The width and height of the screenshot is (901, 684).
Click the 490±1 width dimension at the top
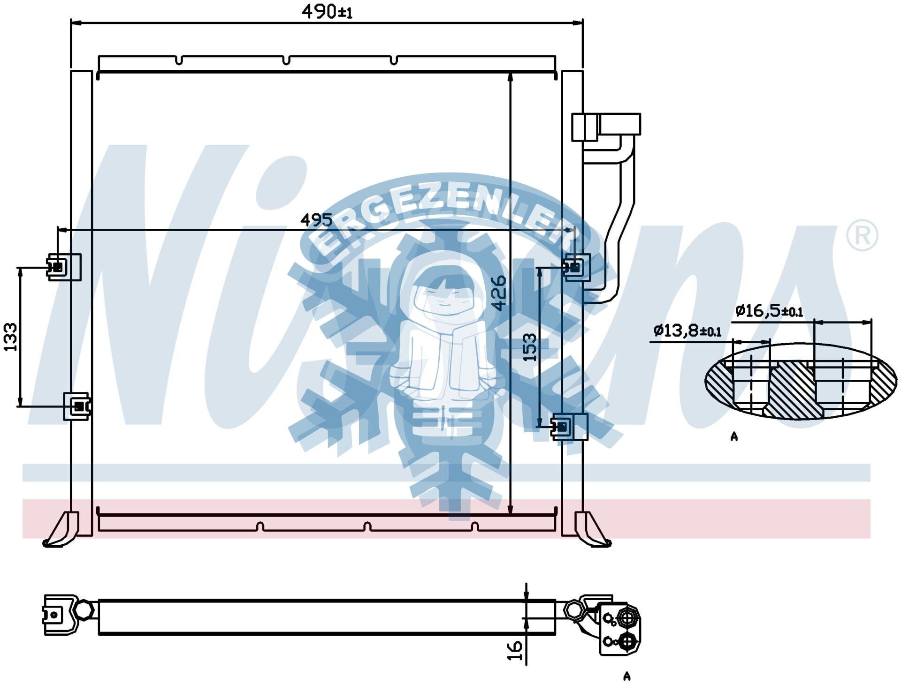click(x=327, y=11)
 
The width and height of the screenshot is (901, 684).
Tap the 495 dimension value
click(x=316, y=220)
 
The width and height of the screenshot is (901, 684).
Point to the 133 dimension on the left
click(x=10, y=337)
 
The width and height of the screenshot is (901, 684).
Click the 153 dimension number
click(x=529, y=347)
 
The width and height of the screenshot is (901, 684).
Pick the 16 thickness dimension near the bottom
click(x=515, y=651)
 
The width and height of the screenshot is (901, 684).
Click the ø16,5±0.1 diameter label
click(x=769, y=311)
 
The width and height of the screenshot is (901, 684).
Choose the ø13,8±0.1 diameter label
click(x=687, y=331)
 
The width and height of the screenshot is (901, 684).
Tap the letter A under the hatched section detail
click(x=734, y=436)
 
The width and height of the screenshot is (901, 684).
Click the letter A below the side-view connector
click(x=627, y=676)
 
